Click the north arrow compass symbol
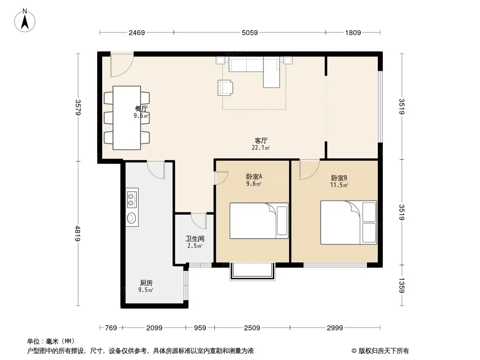coord(25,21)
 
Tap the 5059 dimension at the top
coord(250,32)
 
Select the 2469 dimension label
coord(136,32)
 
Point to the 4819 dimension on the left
coord(78,234)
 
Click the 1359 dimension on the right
coord(402,285)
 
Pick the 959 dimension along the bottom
coord(200,328)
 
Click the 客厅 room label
coord(261,141)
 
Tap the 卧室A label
coord(254,176)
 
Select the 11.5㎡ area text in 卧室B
coord(339,185)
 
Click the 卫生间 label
coord(195,238)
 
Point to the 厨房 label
coord(146,283)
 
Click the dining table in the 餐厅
coord(127,118)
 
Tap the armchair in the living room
coord(225,88)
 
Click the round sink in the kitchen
coord(131,217)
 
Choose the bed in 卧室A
coord(259,220)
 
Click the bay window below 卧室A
coord(253,272)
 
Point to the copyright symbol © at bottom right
coord(354,351)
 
